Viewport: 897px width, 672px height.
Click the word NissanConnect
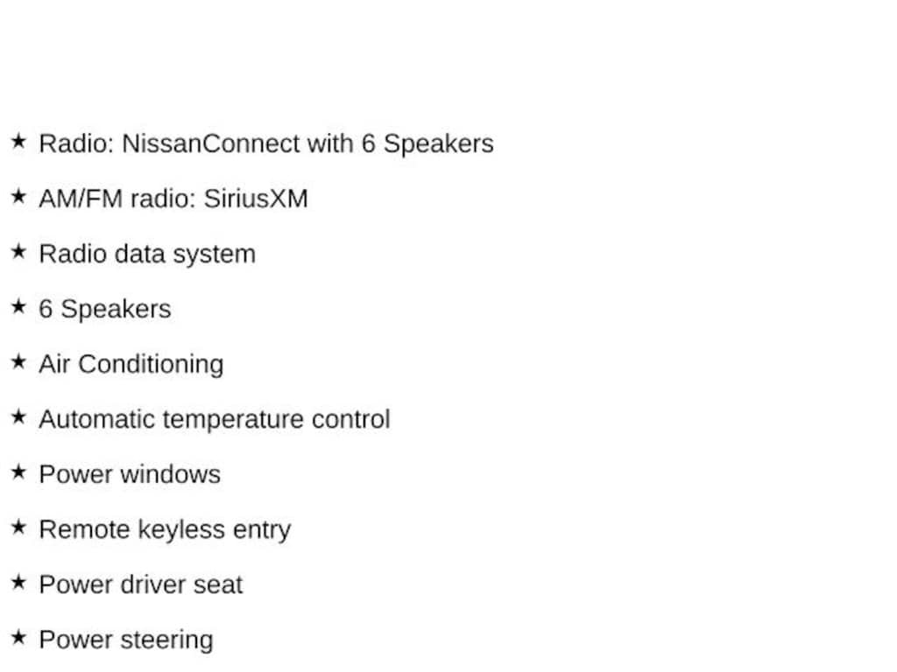point(210,143)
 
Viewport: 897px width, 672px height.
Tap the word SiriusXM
point(256,199)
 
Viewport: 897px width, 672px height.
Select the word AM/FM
point(81,199)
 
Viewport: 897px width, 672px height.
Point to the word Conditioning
point(151,365)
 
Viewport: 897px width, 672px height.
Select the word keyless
point(181,530)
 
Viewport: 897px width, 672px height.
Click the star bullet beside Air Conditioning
point(19,361)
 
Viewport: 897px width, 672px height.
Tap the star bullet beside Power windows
point(19,472)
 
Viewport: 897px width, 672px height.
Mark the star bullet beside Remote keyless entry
point(19,527)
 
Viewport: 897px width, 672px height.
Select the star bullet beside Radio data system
point(19,251)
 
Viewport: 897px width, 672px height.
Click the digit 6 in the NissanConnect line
point(369,143)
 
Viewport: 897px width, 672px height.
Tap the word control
point(350,419)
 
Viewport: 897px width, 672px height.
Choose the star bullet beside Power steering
point(19,637)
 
